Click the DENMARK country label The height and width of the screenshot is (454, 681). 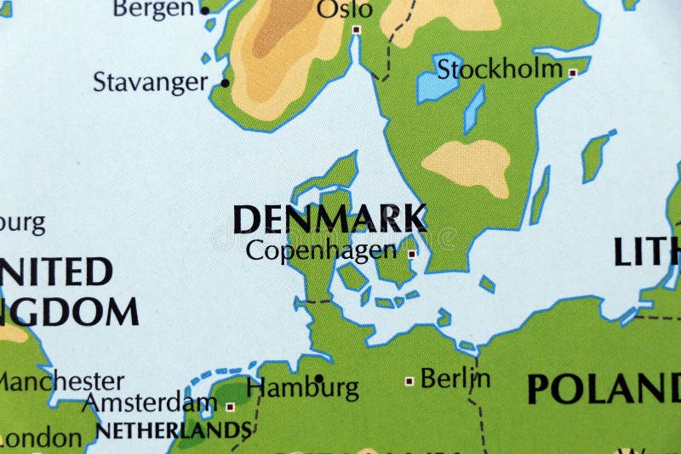[x=330, y=220]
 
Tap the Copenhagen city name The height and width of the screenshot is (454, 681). [x=321, y=250]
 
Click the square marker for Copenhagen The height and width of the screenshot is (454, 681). [x=412, y=253]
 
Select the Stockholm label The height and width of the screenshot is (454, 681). [x=500, y=69]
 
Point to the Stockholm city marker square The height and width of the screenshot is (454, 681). [x=573, y=73]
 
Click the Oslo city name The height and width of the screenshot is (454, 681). [x=345, y=9]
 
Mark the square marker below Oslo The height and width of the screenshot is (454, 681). [x=356, y=30]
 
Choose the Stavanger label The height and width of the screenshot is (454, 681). [x=150, y=83]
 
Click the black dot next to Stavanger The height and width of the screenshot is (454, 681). [x=225, y=83]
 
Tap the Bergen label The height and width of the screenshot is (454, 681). [x=153, y=9]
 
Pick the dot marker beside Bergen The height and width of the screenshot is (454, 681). [x=204, y=10]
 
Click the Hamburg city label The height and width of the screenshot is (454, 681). [x=302, y=389]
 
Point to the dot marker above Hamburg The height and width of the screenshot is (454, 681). [x=318, y=377]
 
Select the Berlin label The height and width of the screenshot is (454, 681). [x=455, y=377]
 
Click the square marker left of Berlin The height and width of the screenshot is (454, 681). [x=409, y=381]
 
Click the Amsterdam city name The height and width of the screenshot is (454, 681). [x=152, y=402]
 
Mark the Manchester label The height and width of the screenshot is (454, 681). [x=61, y=381]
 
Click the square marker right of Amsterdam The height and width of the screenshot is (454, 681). [x=230, y=406]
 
